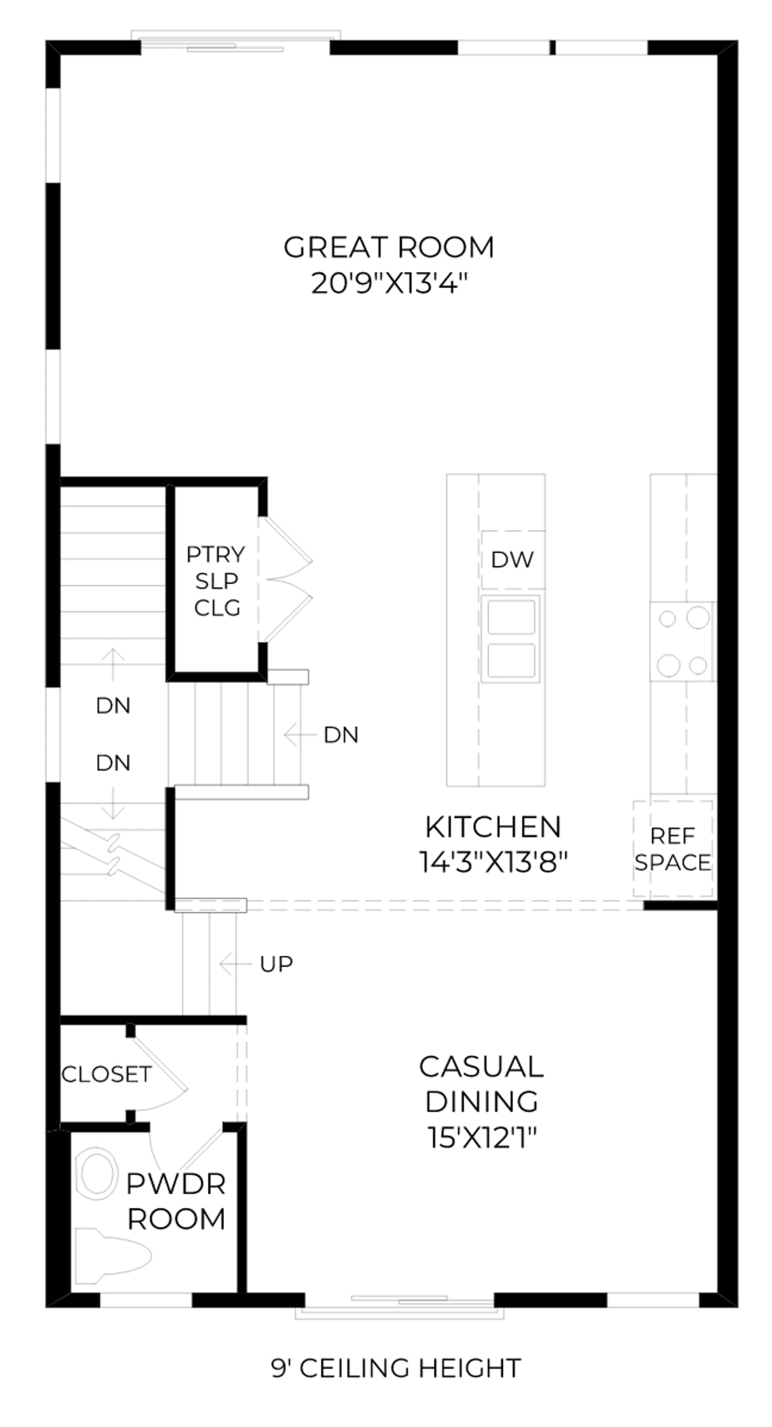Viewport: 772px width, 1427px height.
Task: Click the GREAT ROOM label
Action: pyautogui.click(x=388, y=247)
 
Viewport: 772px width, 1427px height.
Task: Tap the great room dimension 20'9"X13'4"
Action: pyautogui.click(x=389, y=283)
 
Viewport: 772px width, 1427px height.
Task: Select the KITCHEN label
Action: pyautogui.click(x=493, y=827)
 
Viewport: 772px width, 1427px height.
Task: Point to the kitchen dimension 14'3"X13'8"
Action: pyautogui.click(x=493, y=861)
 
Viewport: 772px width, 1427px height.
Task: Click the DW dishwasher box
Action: pyautogui.click(x=513, y=559)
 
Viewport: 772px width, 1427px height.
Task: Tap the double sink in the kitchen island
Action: pyautogui.click(x=511, y=638)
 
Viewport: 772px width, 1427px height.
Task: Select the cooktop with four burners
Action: pyautogui.click(x=683, y=641)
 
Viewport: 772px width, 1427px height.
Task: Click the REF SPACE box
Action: pyautogui.click(x=673, y=849)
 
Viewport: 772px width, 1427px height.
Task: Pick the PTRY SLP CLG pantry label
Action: pyautogui.click(x=216, y=581)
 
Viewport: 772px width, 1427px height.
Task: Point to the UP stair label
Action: pyautogui.click(x=276, y=964)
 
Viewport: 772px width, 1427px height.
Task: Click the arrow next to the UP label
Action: pyautogui.click(x=235, y=965)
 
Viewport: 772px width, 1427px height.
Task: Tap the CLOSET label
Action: pyautogui.click(x=107, y=1074)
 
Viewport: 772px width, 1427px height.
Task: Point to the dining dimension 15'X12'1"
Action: pyautogui.click(x=482, y=1137)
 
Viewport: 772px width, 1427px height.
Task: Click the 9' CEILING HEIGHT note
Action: pyautogui.click(x=396, y=1368)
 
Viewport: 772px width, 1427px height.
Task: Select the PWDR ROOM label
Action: pyautogui.click(x=176, y=1201)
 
